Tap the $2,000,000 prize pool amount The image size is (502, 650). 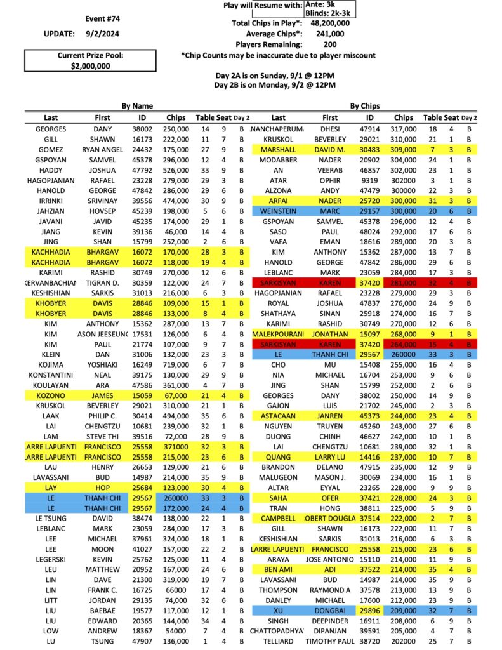click(x=89, y=65)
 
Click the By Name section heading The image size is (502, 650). click(x=137, y=106)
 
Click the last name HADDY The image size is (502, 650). click(x=51, y=170)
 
